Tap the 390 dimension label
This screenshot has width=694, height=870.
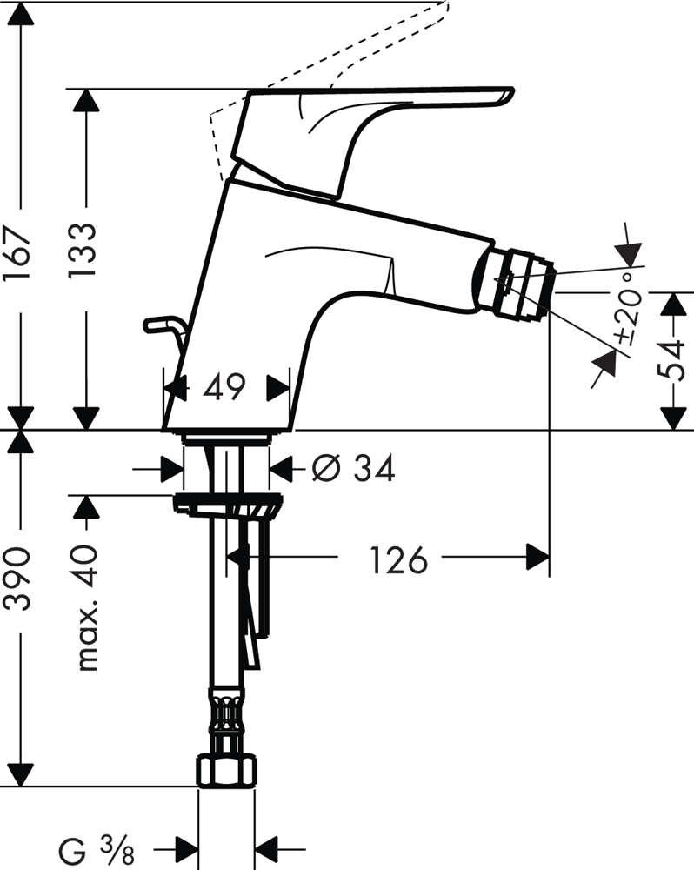(19, 579)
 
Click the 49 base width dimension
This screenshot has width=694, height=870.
(224, 387)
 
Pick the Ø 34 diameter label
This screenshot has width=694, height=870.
(354, 469)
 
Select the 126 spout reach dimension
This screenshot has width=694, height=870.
(399, 559)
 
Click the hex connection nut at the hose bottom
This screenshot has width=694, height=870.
(226, 770)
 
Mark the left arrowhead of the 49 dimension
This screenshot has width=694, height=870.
(175, 387)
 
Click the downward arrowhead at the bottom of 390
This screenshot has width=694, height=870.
(19, 774)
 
